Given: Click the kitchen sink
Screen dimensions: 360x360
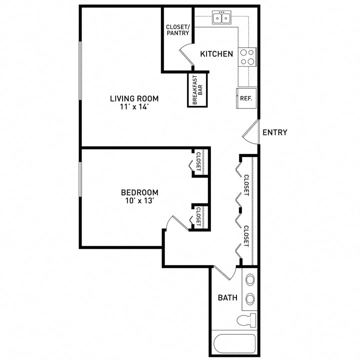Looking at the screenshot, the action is point(221,17).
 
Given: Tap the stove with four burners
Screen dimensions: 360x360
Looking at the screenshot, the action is point(247,57).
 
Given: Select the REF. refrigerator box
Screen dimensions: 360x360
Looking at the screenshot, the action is point(246,98).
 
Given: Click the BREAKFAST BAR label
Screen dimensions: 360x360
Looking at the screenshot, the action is point(197,90).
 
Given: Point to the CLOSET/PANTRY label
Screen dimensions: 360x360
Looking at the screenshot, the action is point(177,30).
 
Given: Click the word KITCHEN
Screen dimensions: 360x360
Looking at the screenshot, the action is point(216,54).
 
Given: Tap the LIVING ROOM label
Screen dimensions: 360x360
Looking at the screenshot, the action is point(134,98).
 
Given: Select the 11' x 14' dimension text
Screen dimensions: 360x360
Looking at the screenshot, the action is point(134,107).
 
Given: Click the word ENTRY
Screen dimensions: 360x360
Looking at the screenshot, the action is point(275,132).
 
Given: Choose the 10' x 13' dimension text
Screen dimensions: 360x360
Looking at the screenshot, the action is point(139,200).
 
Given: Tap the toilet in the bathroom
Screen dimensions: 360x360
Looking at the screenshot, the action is point(246,320).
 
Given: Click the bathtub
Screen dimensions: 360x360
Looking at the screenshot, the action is point(234,343).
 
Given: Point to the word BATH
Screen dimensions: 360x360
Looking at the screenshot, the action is point(227,298).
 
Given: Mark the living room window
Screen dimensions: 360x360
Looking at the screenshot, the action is point(80,70).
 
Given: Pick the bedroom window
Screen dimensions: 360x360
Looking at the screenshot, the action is point(80,179).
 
